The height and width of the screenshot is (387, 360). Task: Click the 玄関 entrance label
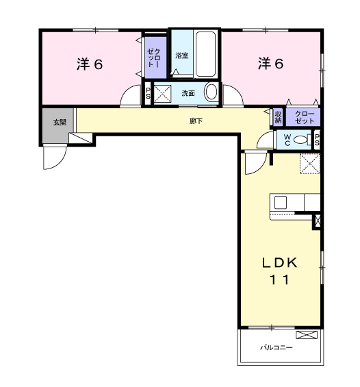[59, 123]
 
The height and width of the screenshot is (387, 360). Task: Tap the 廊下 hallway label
[196, 122]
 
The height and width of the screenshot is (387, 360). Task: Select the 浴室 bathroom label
[181, 55]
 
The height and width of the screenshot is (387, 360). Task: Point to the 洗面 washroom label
[188, 93]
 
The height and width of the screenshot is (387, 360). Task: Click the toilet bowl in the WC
[301, 139]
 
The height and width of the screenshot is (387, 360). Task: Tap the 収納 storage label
[279, 117]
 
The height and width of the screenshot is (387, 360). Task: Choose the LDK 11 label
[279, 271]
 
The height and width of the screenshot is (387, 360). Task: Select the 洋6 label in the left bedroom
[89, 64]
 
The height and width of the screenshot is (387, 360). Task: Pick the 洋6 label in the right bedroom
[270, 64]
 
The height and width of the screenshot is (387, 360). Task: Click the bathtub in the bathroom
[205, 55]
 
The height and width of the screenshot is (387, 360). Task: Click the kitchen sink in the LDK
[280, 202]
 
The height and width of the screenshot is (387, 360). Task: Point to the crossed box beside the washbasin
[163, 93]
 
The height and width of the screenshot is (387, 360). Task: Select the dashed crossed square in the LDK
[310, 164]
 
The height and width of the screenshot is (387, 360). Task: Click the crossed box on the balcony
[307, 335]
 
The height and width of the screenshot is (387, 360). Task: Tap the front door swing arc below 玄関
[52, 159]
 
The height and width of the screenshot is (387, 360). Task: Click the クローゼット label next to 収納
[304, 117]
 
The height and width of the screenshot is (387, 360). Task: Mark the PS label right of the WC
[318, 139]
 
